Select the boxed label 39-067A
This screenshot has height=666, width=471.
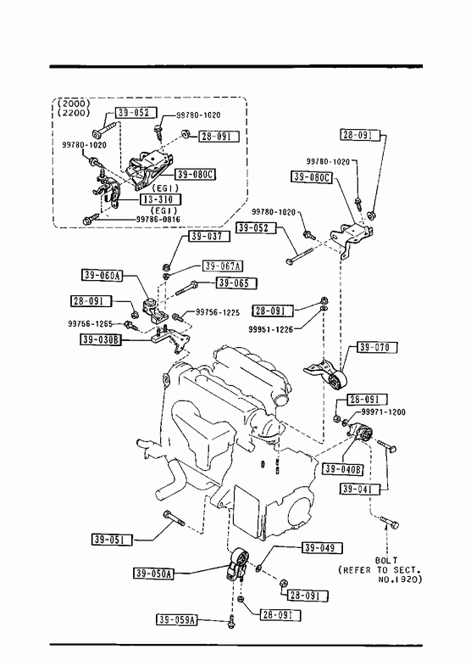(223, 266)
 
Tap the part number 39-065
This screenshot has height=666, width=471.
(236, 283)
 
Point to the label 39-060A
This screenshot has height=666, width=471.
(103, 276)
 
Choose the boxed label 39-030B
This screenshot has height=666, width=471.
(101, 339)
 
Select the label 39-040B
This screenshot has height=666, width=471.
(343, 469)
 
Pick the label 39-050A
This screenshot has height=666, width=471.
(153, 574)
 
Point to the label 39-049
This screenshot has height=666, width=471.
(322, 548)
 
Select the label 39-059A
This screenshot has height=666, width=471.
(177, 620)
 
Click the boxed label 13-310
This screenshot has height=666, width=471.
(160, 199)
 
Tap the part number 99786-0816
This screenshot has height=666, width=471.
(158, 220)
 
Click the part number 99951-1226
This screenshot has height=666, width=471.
(271, 329)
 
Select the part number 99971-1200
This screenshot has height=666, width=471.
(383, 412)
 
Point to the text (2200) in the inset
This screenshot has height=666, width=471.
(74, 113)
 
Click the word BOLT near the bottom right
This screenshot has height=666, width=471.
(386, 561)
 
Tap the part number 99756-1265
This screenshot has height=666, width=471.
(90, 324)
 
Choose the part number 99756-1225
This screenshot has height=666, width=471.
(218, 312)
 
